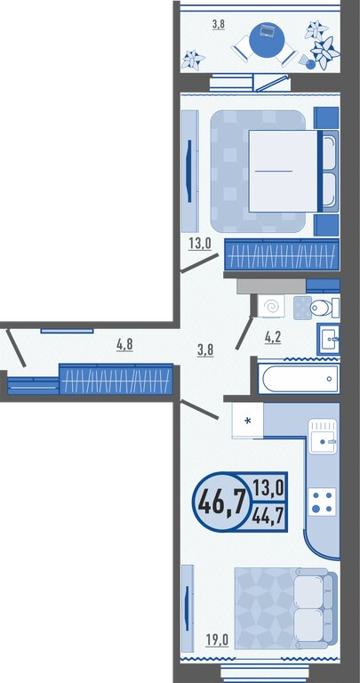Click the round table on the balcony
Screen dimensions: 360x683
click(268, 40)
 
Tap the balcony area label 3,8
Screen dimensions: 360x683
click(218, 24)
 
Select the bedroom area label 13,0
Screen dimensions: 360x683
click(199, 243)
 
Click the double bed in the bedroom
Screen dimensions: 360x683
click(293, 171)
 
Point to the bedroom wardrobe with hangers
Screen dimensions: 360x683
click(281, 254)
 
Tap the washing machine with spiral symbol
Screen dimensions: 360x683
click(271, 306)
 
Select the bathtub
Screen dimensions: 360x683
click(299, 378)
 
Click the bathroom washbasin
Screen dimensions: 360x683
click(328, 339)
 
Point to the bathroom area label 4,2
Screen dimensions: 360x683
click(273, 337)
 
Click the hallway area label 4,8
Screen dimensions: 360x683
click(124, 345)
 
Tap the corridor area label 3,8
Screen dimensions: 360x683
click(205, 350)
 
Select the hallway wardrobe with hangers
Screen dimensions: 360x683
click(116, 379)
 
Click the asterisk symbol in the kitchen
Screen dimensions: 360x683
click(248, 422)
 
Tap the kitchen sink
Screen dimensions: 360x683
click(322, 436)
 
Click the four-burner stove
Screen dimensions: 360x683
click(323, 502)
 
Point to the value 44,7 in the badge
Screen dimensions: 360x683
click(268, 517)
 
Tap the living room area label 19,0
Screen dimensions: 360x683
click(217, 640)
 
